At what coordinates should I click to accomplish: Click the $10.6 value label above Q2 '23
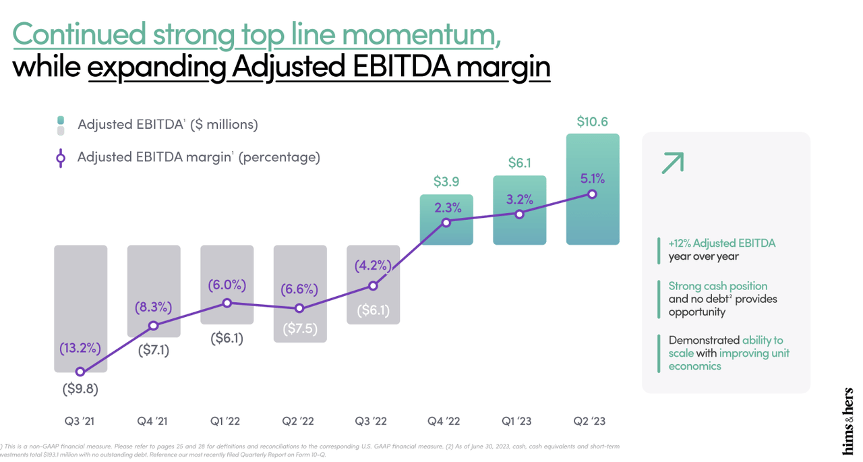(x=592, y=122)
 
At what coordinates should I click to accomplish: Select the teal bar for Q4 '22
(x=446, y=233)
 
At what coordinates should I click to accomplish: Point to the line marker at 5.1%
(x=592, y=194)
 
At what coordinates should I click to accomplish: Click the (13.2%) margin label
(x=80, y=349)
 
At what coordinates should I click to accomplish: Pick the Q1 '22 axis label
(x=226, y=422)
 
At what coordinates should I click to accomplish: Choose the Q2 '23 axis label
(x=590, y=422)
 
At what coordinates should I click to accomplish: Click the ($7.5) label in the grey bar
(x=299, y=329)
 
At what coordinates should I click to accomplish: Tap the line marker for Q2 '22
(x=299, y=309)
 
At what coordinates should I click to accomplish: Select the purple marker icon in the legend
(x=61, y=158)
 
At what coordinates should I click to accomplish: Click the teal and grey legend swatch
(x=61, y=125)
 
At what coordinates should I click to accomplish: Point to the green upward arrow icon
(x=672, y=163)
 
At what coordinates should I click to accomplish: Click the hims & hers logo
(x=847, y=421)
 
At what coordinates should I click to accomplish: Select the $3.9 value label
(x=446, y=181)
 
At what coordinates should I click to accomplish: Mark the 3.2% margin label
(x=518, y=200)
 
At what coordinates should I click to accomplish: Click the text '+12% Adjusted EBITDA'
(x=721, y=243)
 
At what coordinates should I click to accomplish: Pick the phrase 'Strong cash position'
(x=717, y=286)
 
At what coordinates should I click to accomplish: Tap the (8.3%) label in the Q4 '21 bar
(x=153, y=308)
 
